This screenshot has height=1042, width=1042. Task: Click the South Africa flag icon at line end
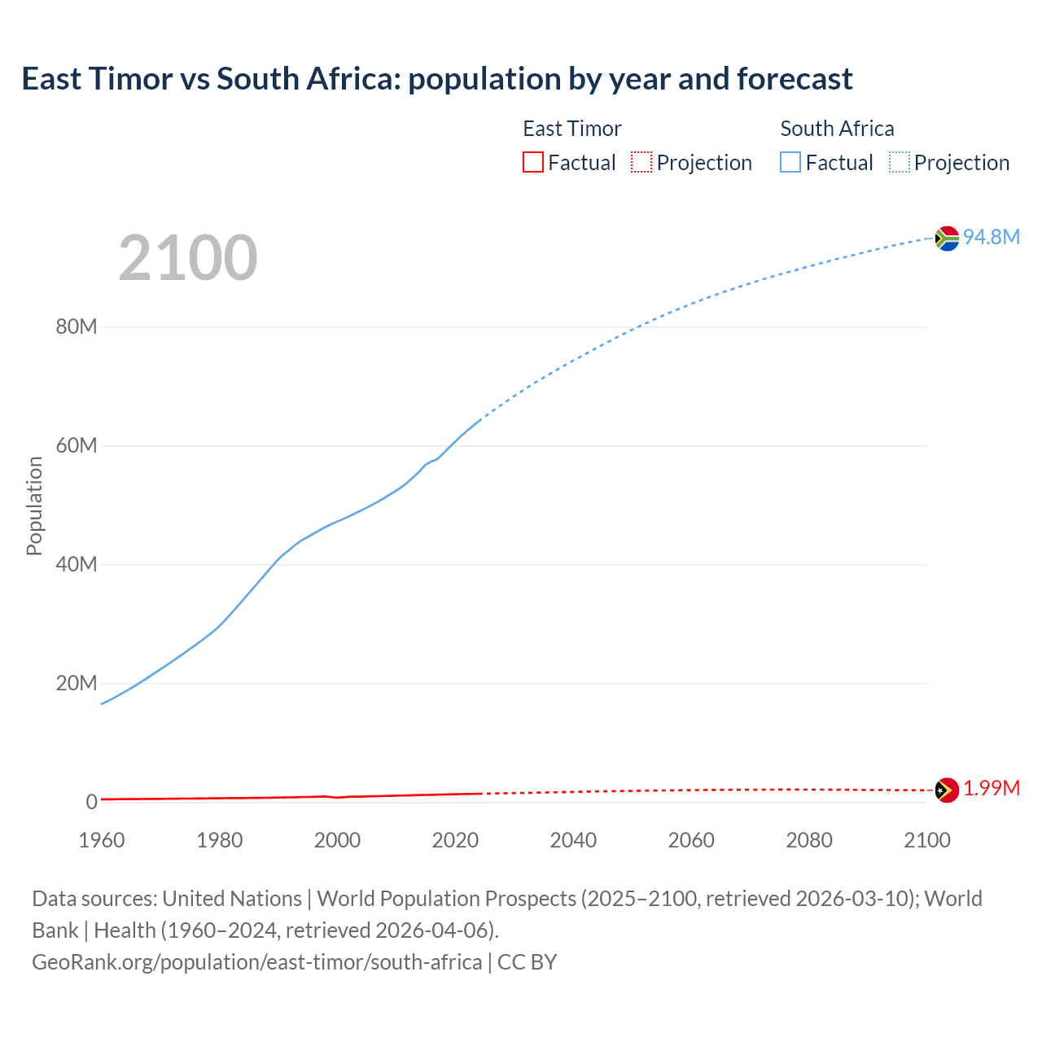coord(947,238)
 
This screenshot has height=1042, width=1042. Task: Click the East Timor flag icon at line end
coord(947,790)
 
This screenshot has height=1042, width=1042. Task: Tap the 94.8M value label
coord(991,237)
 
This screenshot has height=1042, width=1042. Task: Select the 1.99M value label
coord(992,789)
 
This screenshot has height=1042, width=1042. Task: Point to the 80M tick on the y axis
coord(77,327)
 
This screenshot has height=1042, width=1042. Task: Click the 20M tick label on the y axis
coord(77,683)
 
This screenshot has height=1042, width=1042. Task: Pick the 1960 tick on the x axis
coord(102,840)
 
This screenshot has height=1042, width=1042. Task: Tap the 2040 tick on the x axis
coord(573,840)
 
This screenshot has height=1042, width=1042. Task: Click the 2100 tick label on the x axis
coord(926,840)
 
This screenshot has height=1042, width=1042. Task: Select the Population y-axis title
coord(34,506)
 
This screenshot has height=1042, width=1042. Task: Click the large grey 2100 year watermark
coord(188,258)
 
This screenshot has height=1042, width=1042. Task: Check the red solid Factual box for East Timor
coord(533,162)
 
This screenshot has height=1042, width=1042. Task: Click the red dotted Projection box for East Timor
coord(641,162)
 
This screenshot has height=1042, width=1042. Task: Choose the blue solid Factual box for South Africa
coord(790,162)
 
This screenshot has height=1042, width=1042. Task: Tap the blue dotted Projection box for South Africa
coord(900,162)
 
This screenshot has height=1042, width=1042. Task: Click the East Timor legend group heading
coord(571,129)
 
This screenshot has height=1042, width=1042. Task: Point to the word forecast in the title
coord(795,79)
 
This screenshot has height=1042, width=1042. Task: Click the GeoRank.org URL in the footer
coord(256,962)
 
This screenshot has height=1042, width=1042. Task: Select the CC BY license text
coord(527,962)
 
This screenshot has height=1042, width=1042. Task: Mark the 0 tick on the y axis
coord(91,802)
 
